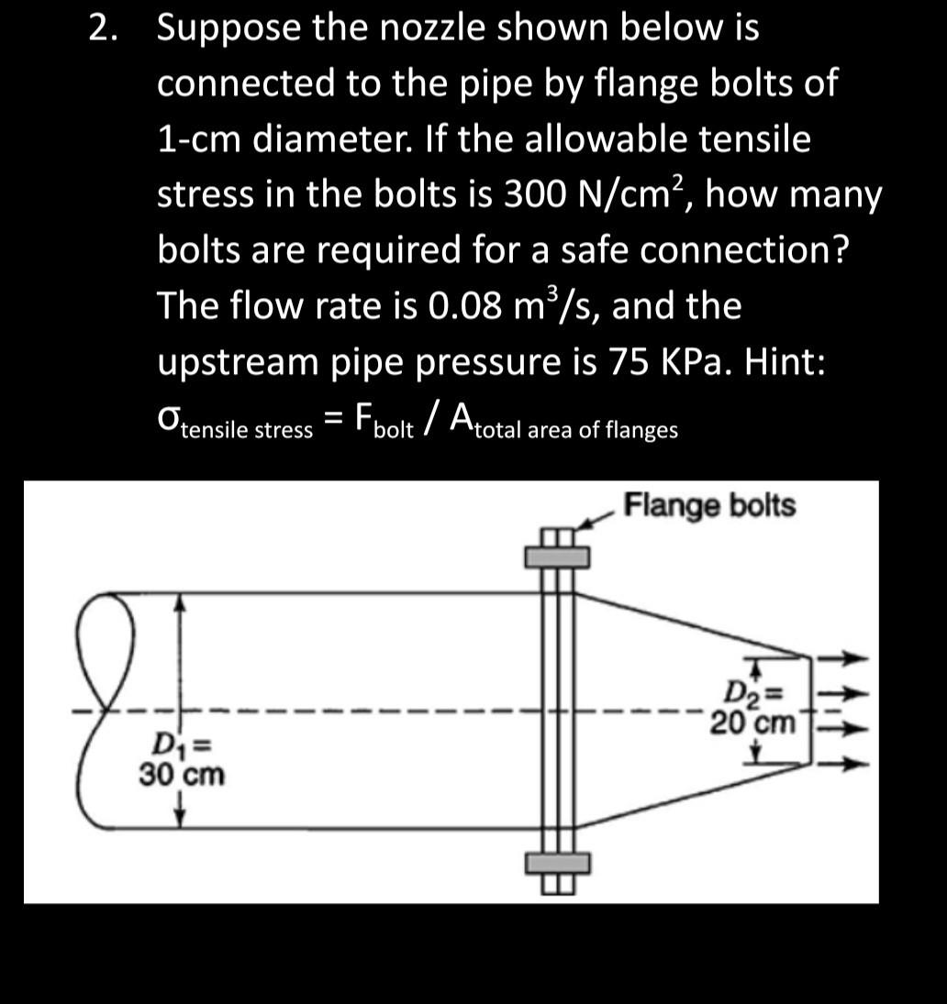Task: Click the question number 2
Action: pyautogui.click(x=104, y=29)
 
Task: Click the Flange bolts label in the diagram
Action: pyautogui.click(x=708, y=505)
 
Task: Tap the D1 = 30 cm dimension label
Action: pyautogui.click(x=181, y=761)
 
